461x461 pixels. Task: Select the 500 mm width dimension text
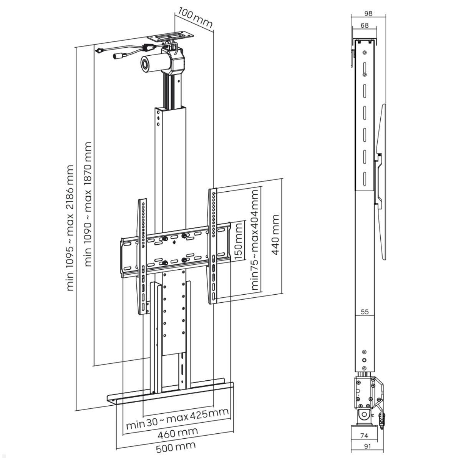[176, 447]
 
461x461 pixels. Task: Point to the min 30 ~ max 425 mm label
[177, 417]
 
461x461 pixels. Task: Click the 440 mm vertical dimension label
[275, 235]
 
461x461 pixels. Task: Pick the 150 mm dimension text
[238, 242]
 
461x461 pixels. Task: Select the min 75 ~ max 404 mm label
[254, 239]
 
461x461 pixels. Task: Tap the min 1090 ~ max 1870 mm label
[88, 204]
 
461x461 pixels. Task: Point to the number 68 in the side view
[364, 25]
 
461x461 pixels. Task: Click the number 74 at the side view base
[364, 436]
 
